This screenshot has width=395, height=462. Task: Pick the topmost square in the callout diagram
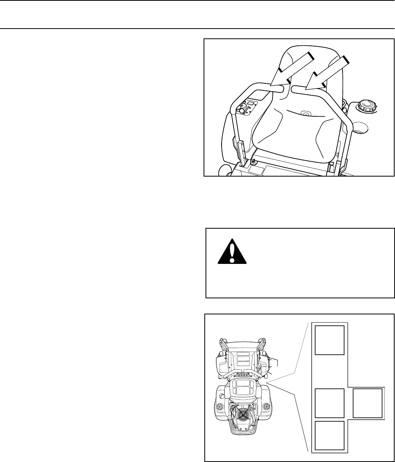coord(330,340)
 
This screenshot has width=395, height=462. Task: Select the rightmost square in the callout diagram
coord(368,403)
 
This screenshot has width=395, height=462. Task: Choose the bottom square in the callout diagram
coord(330,435)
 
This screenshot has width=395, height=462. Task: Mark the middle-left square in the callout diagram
coord(330,403)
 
